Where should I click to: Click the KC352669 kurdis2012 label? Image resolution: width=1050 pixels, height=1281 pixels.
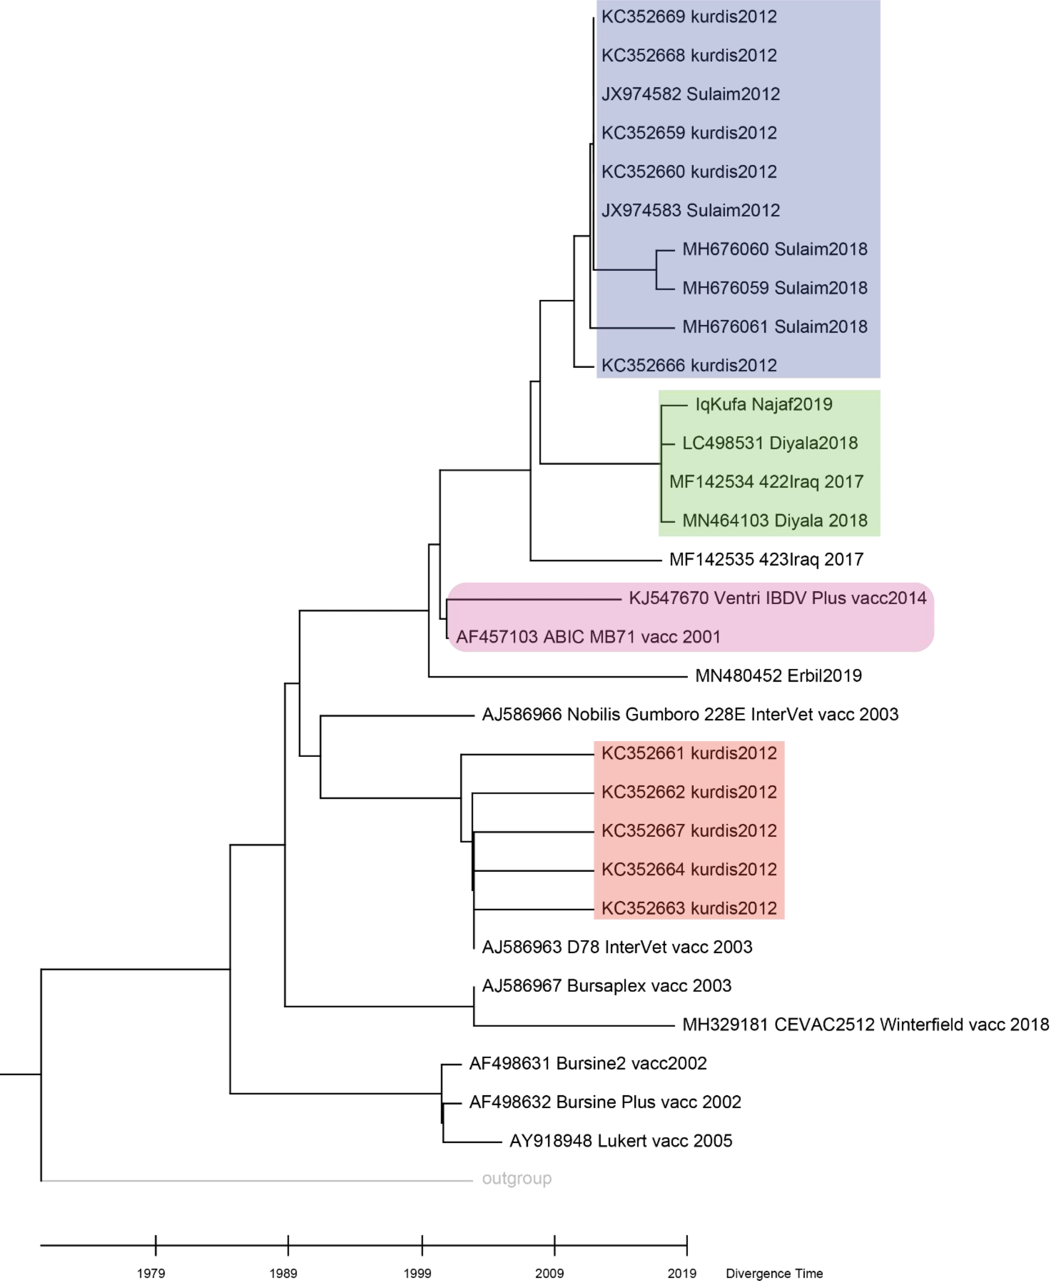[x=689, y=17]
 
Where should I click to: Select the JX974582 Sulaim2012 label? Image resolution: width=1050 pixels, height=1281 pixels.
[x=690, y=94]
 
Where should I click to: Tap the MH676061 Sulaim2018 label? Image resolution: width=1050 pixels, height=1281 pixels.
[x=774, y=327]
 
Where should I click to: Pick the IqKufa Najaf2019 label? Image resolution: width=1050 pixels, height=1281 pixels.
[x=763, y=405]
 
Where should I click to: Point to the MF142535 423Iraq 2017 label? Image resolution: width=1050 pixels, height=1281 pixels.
[x=766, y=560]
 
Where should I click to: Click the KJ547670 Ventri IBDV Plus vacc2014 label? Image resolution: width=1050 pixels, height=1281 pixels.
[x=777, y=598]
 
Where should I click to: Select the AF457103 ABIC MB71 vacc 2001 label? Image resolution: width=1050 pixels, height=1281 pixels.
[x=588, y=637]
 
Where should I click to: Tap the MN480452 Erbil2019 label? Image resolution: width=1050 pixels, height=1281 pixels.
[x=778, y=676]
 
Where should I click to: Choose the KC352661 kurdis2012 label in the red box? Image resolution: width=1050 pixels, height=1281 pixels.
[x=689, y=753]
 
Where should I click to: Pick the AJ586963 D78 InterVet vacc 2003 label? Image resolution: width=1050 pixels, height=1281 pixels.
[x=616, y=947]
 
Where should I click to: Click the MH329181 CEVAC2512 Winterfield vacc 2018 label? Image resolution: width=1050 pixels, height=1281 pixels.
[x=865, y=1025]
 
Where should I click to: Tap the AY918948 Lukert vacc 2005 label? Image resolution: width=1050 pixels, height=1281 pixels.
[x=620, y=1141]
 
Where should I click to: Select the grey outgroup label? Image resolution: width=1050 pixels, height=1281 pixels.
[x=516, y=1178]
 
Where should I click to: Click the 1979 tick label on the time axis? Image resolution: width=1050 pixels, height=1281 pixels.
[x=151, y=1273]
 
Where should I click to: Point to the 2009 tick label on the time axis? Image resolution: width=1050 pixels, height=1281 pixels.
[x=549, y=1273]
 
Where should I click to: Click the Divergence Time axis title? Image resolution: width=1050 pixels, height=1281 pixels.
[x=774, y=1273]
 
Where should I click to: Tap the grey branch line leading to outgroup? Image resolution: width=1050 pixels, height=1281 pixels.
[x=254, y=1180]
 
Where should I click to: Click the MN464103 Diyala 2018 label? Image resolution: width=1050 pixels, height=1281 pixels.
[x=774, y=521]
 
